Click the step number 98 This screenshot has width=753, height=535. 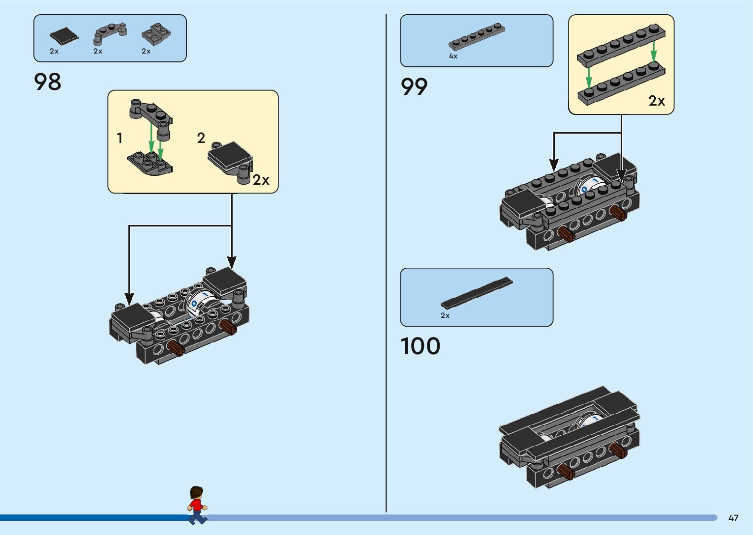48,82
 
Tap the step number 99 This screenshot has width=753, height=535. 414,87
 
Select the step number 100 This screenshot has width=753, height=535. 420,346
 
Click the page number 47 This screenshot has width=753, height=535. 733,518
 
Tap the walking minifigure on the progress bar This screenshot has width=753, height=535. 197,505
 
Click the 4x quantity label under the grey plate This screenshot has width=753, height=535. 453,56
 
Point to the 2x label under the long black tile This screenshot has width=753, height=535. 445,315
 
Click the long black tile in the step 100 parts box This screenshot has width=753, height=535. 476,293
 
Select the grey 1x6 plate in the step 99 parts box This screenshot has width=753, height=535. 476,37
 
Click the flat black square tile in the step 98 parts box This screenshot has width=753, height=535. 63,36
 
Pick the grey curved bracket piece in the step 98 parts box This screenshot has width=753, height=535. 110,33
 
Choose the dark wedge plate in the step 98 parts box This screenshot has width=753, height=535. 156,34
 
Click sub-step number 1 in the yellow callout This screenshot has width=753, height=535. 120,138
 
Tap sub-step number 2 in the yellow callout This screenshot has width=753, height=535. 201,138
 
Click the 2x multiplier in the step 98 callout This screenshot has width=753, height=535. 261,180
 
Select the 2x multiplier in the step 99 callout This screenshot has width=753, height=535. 657,101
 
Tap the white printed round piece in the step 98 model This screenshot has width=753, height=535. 201,300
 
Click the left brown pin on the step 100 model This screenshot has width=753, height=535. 566,473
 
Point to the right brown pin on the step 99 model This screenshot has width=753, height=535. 618,213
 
